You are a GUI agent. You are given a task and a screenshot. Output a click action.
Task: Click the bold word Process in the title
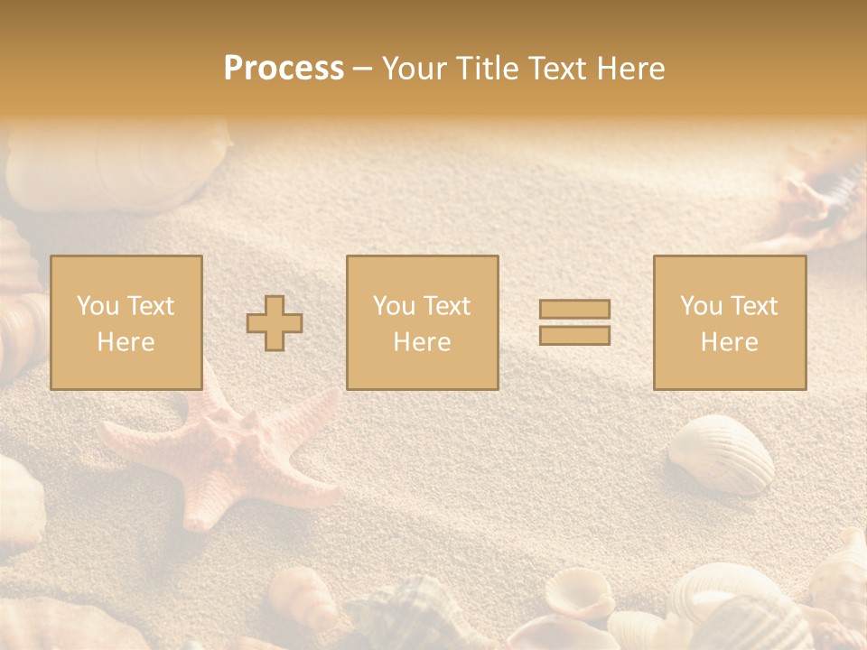284,69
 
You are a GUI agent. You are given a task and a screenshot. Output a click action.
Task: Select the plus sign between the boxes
275,323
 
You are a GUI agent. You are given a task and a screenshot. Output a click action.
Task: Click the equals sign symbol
574,322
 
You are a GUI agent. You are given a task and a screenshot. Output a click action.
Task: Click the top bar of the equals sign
574,310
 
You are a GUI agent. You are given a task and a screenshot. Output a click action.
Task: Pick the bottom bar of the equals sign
574,335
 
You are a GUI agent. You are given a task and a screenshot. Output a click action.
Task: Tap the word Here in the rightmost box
729,342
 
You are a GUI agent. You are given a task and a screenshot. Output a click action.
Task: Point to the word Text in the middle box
447,306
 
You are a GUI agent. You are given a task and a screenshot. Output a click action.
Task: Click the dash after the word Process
363,69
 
